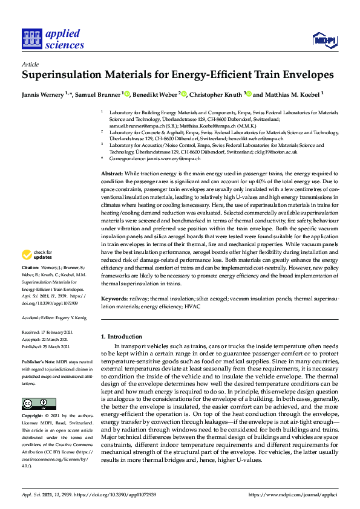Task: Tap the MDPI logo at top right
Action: coord(324,41)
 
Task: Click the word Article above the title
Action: coord(30,64)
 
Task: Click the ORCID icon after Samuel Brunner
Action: coord(127,94)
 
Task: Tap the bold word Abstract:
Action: coord(114,173)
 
